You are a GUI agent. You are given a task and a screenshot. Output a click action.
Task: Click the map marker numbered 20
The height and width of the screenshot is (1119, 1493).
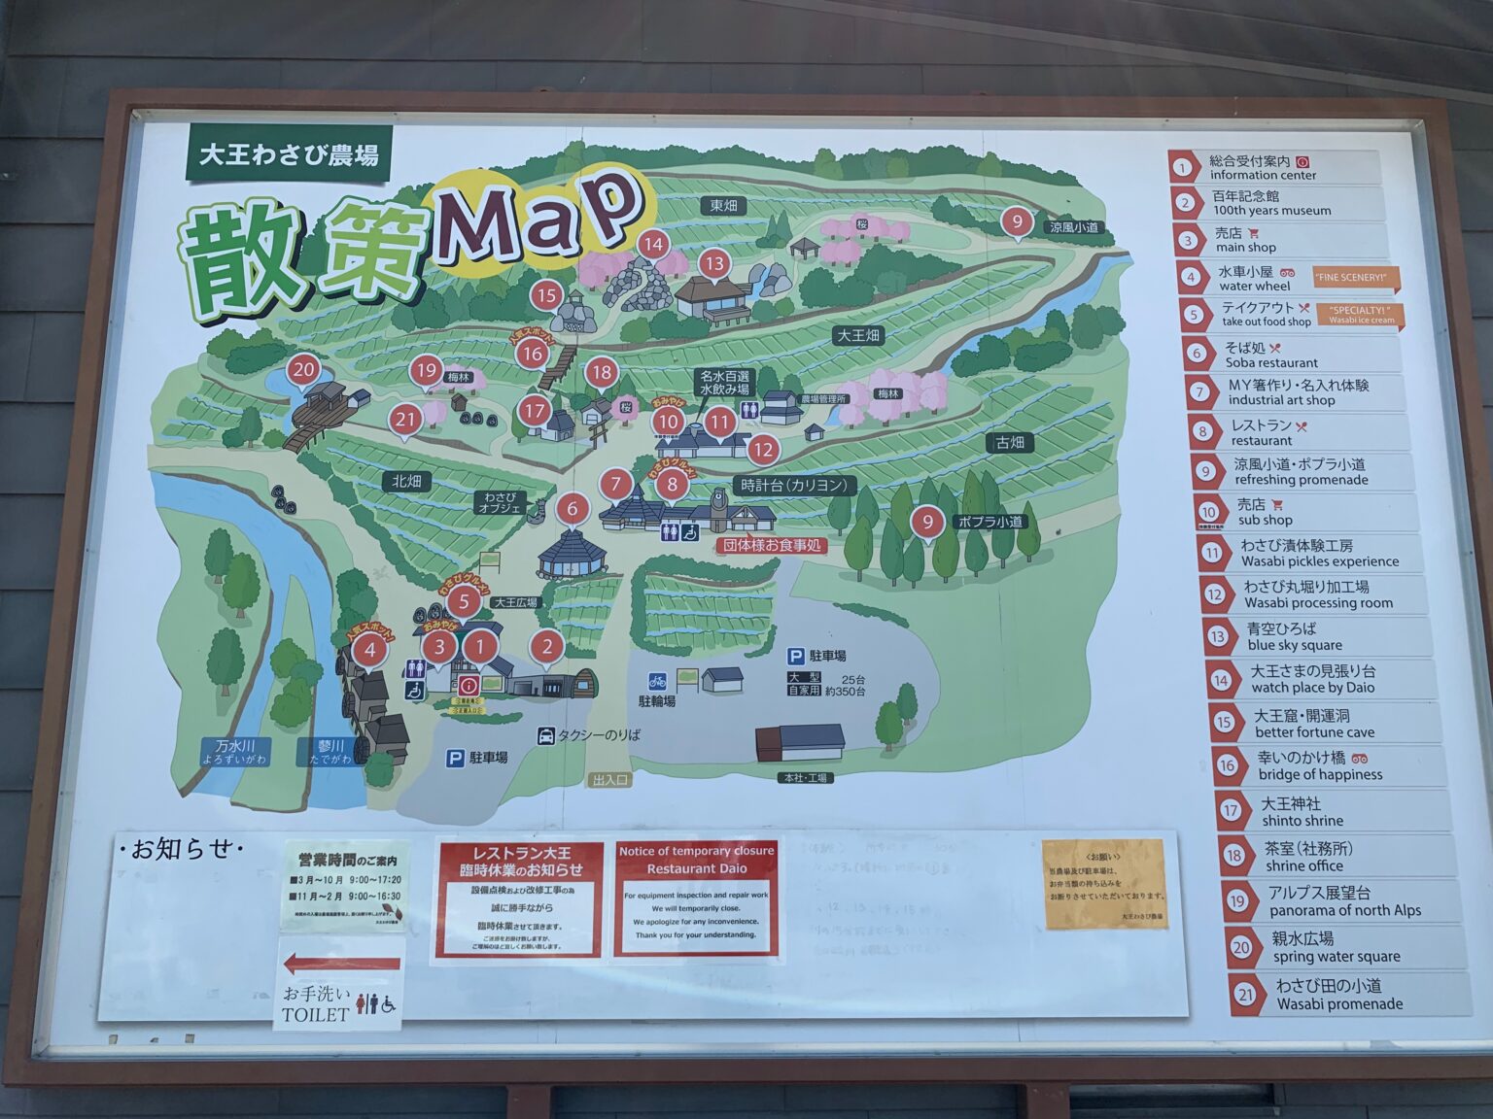[304, 370]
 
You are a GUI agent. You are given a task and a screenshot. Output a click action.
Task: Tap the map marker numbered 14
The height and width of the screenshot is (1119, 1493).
[653, 245]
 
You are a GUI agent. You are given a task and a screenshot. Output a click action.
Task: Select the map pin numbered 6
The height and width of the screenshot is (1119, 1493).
[573, 508]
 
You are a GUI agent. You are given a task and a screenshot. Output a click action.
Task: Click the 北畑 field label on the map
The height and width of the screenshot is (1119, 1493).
[406, 482]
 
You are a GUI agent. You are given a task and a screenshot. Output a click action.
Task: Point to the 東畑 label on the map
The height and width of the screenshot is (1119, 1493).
[723, 206]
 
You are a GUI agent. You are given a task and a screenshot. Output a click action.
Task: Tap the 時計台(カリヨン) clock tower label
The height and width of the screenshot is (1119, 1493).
[794, 486]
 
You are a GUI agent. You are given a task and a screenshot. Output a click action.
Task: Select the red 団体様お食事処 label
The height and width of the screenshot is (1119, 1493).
[773, 546]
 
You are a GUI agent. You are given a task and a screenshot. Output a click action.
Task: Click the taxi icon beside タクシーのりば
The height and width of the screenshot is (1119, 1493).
[546, 736]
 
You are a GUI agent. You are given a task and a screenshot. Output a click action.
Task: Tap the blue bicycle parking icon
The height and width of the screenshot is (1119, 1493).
[658, 681]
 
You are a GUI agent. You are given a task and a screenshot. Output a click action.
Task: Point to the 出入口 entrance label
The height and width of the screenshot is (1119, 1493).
[610, 779]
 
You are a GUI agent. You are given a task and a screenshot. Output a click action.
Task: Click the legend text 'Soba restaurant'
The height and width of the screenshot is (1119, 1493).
[1271, 363]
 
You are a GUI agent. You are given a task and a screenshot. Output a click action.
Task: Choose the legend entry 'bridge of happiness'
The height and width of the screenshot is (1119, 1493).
[1320, 775]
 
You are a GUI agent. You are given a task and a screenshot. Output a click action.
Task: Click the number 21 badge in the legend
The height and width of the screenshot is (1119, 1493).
[1245, 995]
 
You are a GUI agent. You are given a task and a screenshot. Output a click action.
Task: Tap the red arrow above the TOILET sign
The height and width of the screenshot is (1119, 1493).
[341, 965]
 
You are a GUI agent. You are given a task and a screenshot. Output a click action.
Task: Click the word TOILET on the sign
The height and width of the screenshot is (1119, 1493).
[315, 1015]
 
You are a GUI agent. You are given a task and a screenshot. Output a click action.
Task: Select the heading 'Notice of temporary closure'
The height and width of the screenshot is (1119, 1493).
[696, 851]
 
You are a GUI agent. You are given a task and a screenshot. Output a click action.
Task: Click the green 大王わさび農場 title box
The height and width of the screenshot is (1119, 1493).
[289, 154]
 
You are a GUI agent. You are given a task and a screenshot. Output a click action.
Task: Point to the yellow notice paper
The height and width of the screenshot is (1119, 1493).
[1104, 884]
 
